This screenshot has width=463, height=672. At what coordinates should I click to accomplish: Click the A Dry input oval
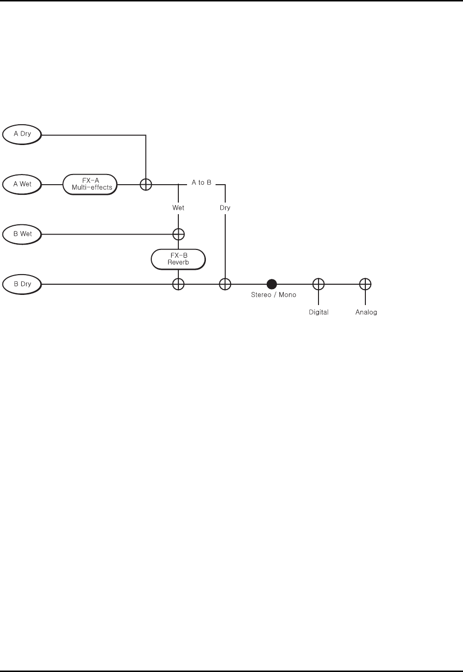[22, 134]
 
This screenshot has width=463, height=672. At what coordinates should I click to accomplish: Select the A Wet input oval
[22, 184]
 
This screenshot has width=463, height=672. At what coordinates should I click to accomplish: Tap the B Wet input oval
[22, 234]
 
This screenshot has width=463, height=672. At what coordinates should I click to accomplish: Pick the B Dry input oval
[22, 284]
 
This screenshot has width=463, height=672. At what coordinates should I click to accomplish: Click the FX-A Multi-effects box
[90, 184]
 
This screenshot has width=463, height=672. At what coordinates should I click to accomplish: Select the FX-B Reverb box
[178, 260]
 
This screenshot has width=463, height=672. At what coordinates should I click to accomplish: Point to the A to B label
[202, 183]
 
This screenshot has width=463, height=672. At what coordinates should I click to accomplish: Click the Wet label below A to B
[178, 208]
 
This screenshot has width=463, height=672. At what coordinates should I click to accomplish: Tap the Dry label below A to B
[225, 208]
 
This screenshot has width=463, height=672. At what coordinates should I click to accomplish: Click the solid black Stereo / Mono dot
[272, 284]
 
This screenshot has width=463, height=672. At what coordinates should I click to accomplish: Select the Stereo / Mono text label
[274, 295]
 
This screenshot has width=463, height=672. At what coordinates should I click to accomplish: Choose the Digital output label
[318, 312]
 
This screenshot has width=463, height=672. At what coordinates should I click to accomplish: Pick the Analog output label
[366, 312]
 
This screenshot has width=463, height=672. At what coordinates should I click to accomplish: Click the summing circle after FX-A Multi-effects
[146, 184]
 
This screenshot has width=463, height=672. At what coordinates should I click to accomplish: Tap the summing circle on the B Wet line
[178, 234]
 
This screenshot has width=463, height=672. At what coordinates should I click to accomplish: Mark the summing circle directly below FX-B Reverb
[178, 284]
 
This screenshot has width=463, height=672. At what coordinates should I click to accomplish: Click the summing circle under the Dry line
[225, 284]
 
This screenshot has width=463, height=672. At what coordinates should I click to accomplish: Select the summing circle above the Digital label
[318, 284]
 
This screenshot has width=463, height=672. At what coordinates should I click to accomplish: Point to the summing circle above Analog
[365, 284]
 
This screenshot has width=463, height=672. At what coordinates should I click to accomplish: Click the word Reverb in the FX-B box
[178, 263]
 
